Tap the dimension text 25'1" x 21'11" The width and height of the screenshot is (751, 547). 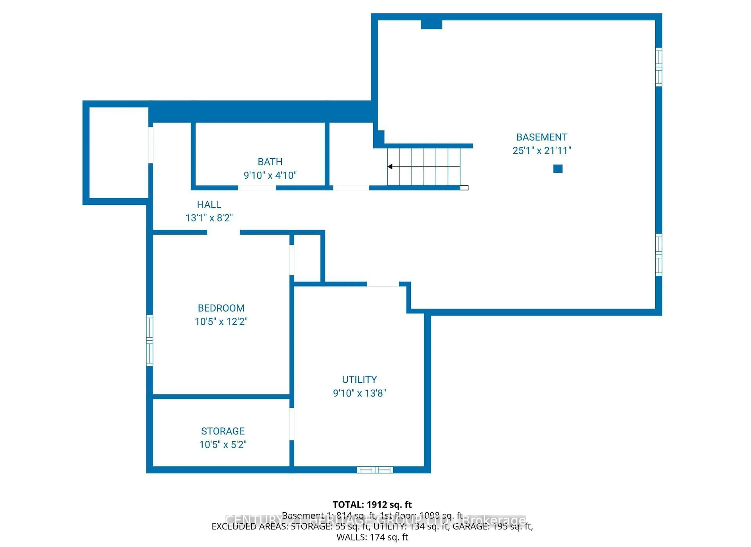(x=542, y=151)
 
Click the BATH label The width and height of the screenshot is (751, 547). (x=270, y=162)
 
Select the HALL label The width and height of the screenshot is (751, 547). (x=209, y=205)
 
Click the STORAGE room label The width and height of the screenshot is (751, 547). (x=223, y=431)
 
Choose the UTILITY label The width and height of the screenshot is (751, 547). (x=359, y=380)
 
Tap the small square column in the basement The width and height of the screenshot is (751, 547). (x=558, y=169)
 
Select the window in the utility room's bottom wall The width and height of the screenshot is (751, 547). (x=375, y=470)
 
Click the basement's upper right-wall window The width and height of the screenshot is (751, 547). (x=659, y=67)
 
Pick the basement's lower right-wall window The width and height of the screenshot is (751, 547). (x=659, y=255)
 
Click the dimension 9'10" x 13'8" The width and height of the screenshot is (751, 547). (x=359, y=394)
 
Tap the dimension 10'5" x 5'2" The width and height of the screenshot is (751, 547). (x=223, y=445)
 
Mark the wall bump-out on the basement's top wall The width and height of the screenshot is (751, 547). (x=431, y=24)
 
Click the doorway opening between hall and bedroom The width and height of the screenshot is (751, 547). (x=224, y=232)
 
